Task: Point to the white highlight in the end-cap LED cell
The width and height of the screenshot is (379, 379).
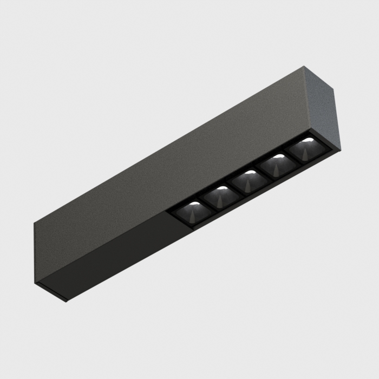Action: [x=306, y=140]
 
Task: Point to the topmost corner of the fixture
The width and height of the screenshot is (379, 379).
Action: [x=304, y=67]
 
